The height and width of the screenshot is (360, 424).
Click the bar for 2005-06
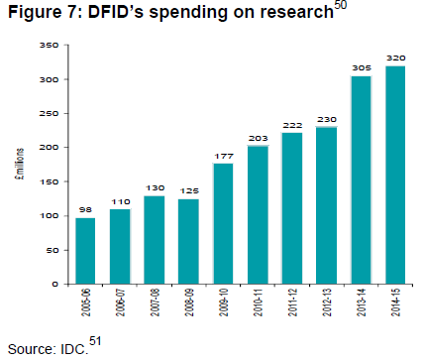click(85, 251)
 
